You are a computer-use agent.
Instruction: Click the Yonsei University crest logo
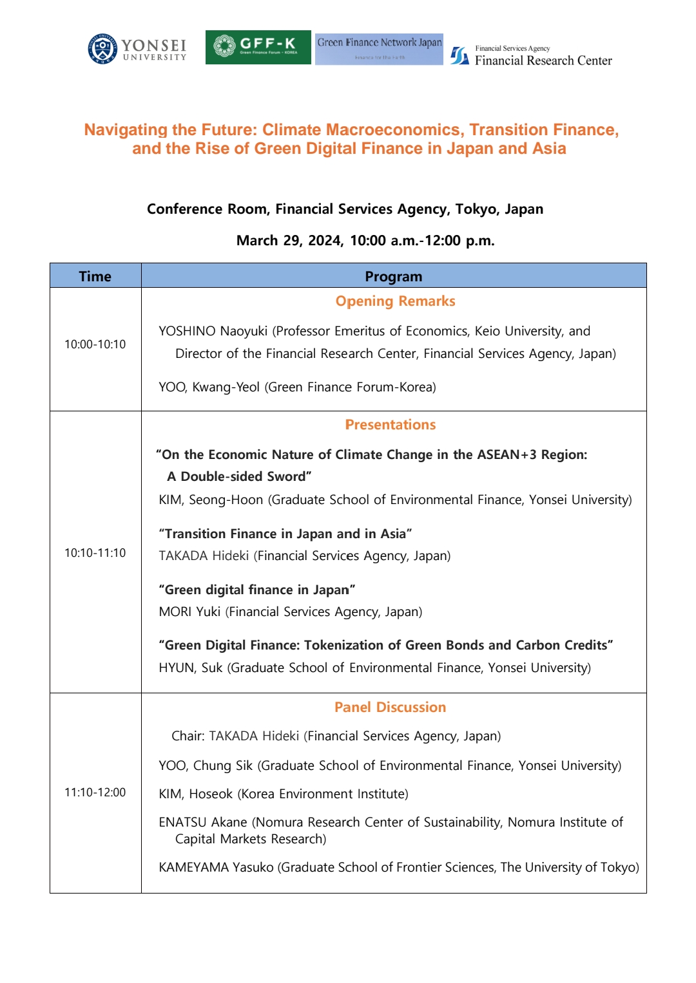click(x=102, y=48)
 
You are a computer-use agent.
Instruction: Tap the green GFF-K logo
click(x=258, y=47)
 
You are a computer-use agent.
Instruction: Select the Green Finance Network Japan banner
click(x=379, y=49)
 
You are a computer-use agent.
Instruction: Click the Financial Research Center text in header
click(x=543, y=61)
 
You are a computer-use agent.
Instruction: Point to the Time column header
click(x=95, y=276)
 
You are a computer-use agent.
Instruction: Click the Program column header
click(x=393, y=276)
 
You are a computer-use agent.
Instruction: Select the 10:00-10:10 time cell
click(x=95, y=344)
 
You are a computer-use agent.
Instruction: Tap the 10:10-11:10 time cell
click(x=95, y=553)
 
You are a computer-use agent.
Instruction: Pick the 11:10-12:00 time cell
click(x=95, y=792)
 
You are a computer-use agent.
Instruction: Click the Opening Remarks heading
click(x=395, y=301)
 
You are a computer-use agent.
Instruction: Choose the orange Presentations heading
click(x=391, y=425)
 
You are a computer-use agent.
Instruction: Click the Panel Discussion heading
click(x=390, y=707)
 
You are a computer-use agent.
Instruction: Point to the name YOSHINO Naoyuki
click(x=213, y=332)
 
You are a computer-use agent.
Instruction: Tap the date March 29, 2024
click(x=289, y=241)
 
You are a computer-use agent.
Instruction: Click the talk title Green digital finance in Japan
click(x=257, y=590)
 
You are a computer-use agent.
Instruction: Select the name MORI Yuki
click(x=189, y=612)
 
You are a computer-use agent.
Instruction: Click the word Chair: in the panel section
click(x=188, y=736)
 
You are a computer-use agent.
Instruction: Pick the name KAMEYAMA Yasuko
click(x=217, y=868)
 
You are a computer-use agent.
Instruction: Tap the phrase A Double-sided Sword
click(x=239, y=477)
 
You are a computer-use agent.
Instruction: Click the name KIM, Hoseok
click(x=196, y=794)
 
